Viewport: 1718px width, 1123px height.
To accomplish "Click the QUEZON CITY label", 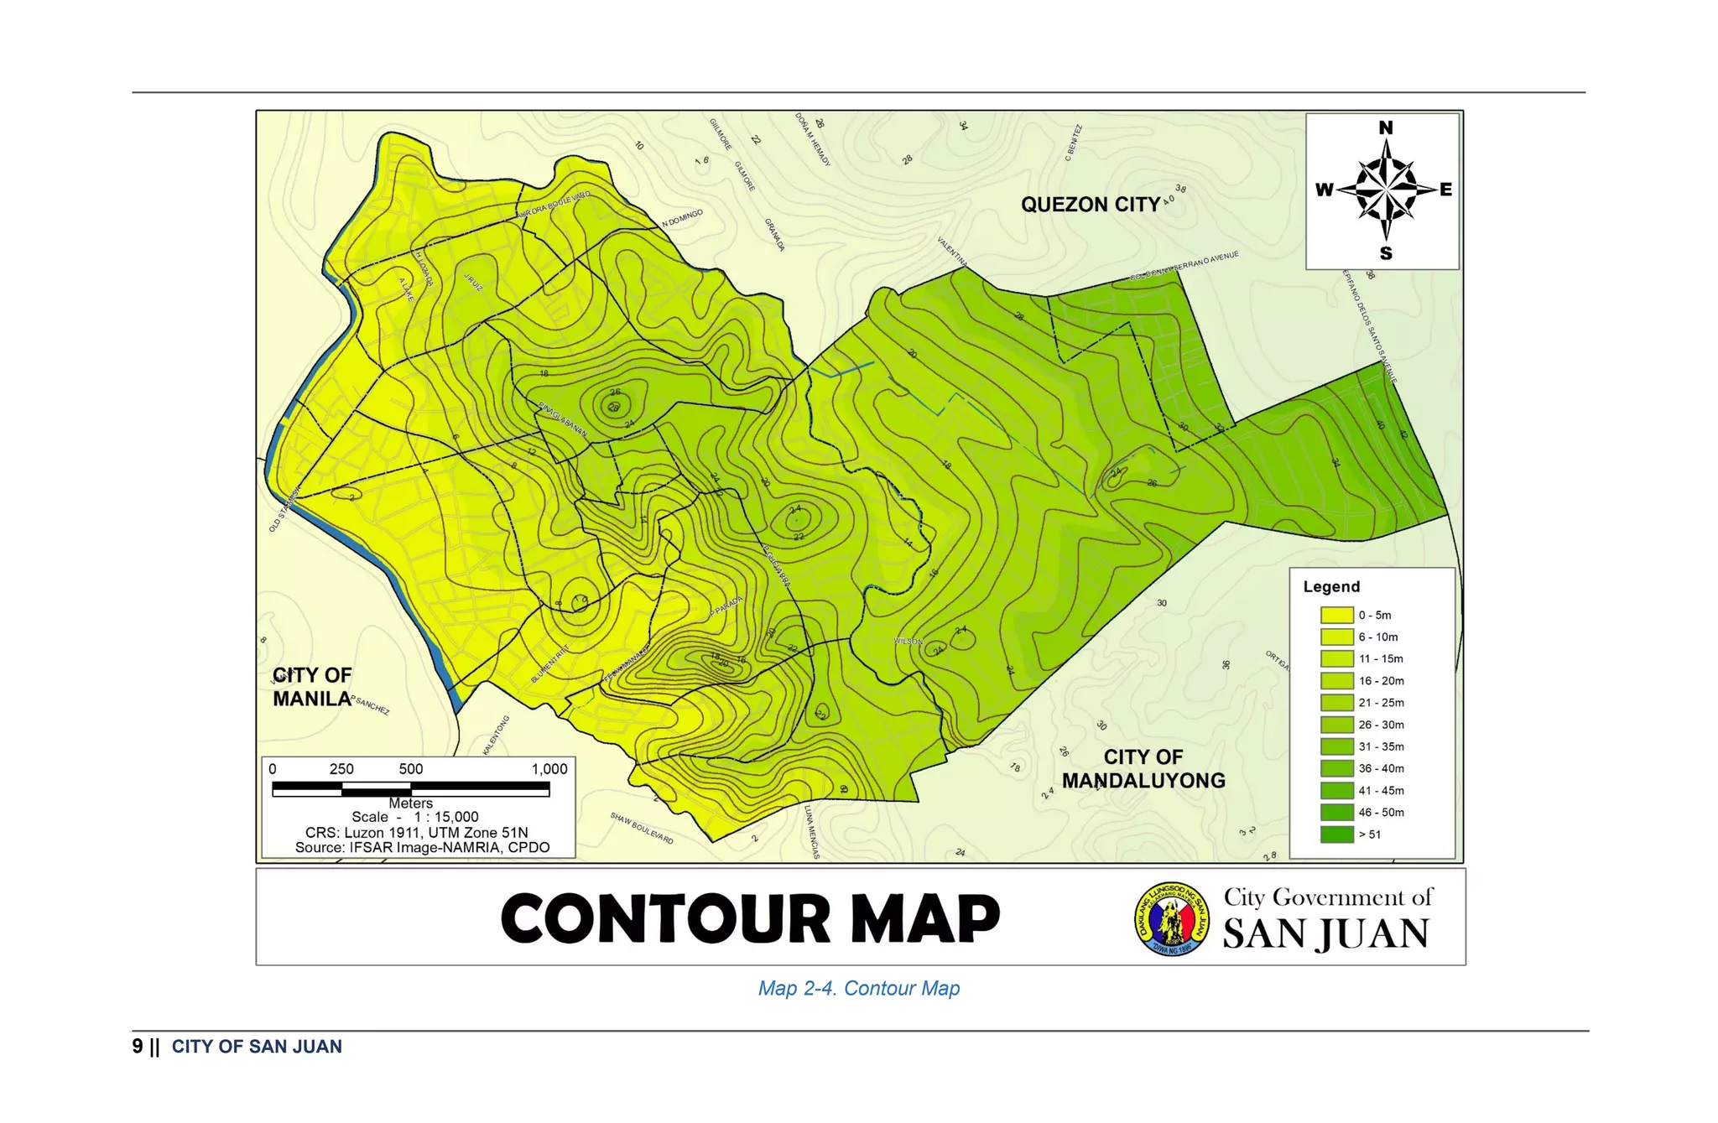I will pos(1090,205).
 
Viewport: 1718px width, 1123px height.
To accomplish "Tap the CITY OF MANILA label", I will pos(312,687).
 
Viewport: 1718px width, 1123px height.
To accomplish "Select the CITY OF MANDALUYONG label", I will pos(1143,769).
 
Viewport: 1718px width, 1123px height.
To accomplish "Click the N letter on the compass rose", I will pos(1385,128).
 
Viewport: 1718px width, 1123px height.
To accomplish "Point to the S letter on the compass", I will pos(1386,253).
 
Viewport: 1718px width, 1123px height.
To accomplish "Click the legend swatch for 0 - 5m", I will pos(1336,615).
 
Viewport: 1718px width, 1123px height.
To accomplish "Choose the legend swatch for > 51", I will pos(1336,834).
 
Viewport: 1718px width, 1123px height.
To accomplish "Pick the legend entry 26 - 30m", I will pos(1381,725).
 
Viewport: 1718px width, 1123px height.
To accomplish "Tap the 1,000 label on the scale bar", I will pos(549,769).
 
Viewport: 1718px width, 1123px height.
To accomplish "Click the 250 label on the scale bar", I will pos(341,769).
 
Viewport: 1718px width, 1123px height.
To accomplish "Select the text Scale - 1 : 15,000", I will pos(415,817).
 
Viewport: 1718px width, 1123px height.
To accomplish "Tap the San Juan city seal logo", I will pos(1172,918).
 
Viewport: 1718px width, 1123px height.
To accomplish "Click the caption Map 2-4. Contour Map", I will pos(858,988).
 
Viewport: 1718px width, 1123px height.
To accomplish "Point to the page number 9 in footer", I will pos(138,1047).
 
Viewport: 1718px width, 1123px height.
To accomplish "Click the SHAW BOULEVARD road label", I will pos(642,828).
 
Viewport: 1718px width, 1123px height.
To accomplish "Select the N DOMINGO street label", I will pos(682,218).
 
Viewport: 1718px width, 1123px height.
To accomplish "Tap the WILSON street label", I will pos(908,641).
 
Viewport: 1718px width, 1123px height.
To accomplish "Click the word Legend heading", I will pos(1331,586).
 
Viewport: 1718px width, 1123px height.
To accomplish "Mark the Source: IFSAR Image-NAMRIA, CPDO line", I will pos(422,847).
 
